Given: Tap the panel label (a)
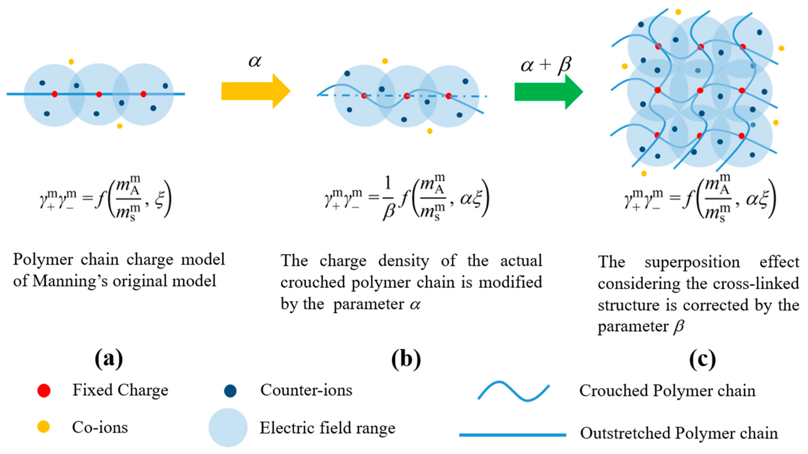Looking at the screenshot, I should click(x=109, y=359).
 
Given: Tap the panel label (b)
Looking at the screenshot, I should click(x=406, y=359).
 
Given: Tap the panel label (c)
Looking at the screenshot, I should click(x=702, y=359).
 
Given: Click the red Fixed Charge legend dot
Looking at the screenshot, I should click(x=44, y=391).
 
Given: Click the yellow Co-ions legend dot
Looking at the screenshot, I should click(x=44, y=427).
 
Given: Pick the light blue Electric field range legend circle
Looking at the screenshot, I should click(x=228, y=427).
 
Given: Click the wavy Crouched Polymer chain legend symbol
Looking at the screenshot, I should click(x=514, y=391).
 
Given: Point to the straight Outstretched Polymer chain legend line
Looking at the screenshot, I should click(x=513, y=435).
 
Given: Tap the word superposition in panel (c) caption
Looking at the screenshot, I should click(x=692, y=262).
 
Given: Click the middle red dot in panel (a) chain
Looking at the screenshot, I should click(x=99, y=94).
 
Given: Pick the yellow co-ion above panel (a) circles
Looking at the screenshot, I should click(x=71, y=62).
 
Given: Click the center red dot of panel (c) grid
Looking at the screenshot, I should click(x=700, y=90).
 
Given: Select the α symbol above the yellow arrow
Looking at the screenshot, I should click(x=255, y=61).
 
